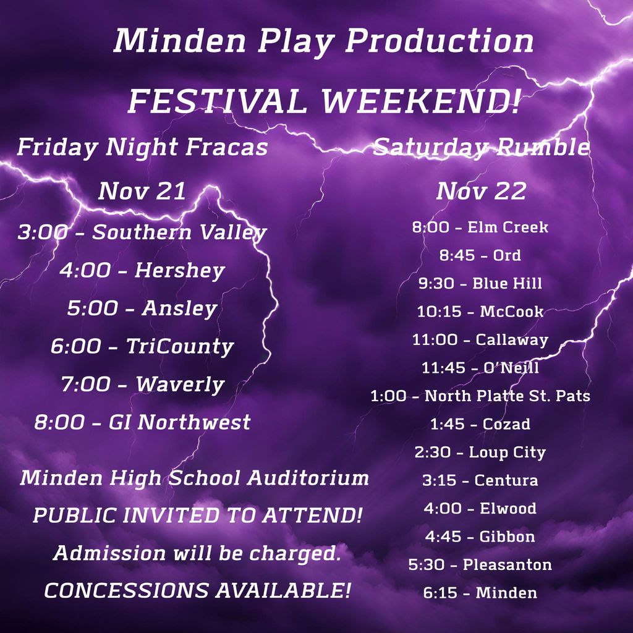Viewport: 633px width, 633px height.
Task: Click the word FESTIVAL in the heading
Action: tap(217, 101)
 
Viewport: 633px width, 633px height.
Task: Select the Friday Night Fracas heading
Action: tap(142, 147)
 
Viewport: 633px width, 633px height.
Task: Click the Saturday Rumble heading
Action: tap(482, 147)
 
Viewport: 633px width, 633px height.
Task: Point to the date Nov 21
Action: tap(142, 191)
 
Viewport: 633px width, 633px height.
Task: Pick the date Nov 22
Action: tap(481, 191)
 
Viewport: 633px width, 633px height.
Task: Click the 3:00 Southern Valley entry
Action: tap(142, 232)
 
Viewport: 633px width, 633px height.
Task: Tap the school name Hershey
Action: tap(179, 270)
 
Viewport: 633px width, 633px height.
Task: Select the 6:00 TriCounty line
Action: tap(142, 346)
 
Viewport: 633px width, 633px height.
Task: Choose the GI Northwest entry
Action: tap(179, 422)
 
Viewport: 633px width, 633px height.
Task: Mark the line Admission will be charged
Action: tap(197, 553)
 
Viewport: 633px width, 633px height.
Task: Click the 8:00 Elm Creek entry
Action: tap(480, 227)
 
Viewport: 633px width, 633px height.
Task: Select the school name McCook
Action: tap(512, 312)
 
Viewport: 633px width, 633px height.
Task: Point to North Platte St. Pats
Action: tap(507, 396)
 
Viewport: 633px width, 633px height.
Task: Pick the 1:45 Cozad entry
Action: tap(480, 424)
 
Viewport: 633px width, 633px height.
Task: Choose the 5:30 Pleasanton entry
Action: tap(480, 564)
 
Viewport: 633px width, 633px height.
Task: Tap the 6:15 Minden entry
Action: tap(480, 593)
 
